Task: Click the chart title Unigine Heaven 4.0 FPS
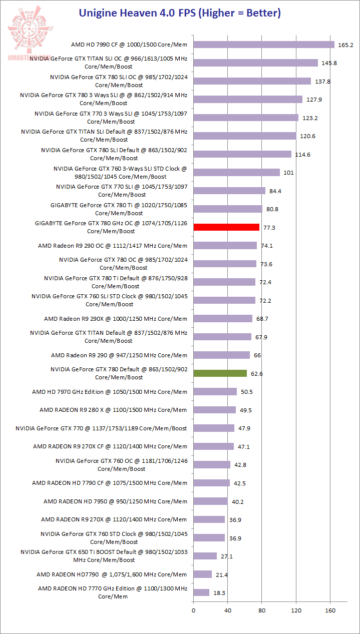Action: (180, 13)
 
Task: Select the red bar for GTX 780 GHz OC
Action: (226, 227)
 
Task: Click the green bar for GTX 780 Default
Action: (220, 373)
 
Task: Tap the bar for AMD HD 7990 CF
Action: (264, 45)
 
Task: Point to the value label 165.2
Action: (345, 45)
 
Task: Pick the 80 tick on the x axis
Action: (261, 610)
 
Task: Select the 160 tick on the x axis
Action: (329, 610)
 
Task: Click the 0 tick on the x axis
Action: (193, 610)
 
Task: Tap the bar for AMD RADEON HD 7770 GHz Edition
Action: (201, 592)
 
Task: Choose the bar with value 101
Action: (236, 173)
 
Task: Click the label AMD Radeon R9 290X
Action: (115, 319)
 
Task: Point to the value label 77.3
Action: (269, 228)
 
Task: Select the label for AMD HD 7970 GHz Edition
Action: (109, 392)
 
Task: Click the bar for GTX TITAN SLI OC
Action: (255, 63)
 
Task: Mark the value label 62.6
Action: (257, 374)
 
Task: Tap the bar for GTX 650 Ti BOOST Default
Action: (205, 556)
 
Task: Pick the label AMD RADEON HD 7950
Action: (115, 501)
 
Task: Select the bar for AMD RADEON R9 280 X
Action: (214, 410)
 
